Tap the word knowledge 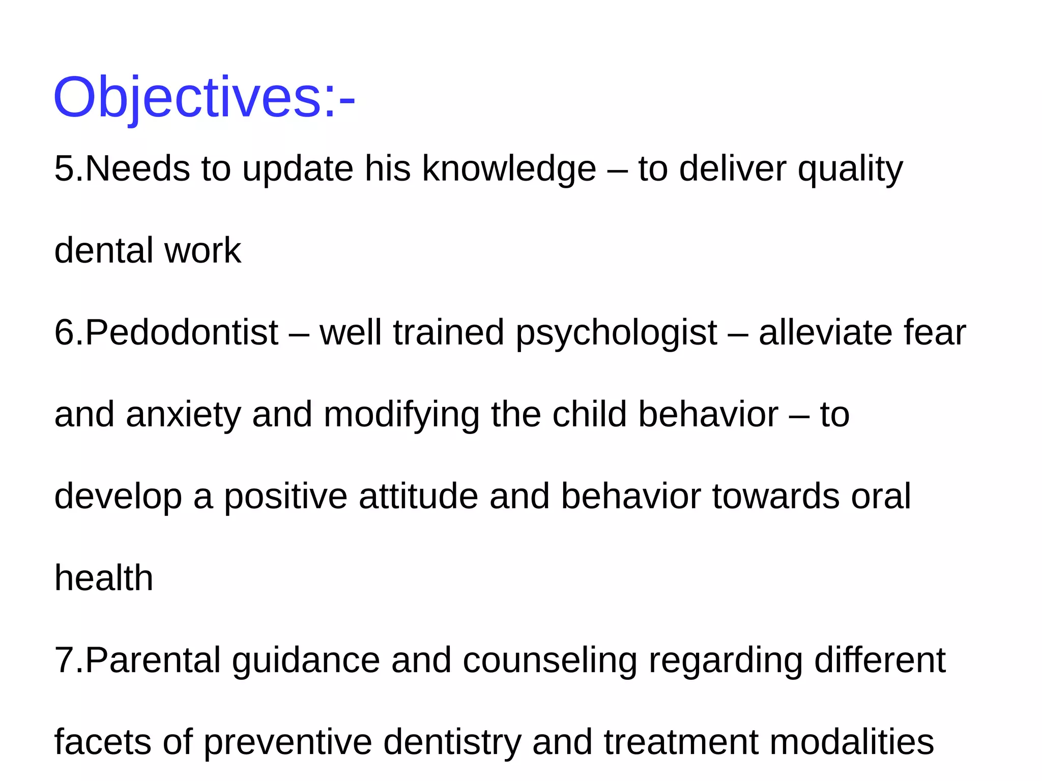tap(509, 169)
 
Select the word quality tap(850, 169)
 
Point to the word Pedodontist tap(181, 333)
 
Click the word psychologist tap(616, 333)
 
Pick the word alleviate tap(825, 333)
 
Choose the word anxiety tap(183, 415)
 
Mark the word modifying tap(401, 415)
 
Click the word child tap(590, 415)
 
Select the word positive tap(286, 497)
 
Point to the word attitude tap(418, 497)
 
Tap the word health tap(104, 578)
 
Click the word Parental tap(153, 660)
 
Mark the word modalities tap(852, 742)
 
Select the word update tap(298, 169)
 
